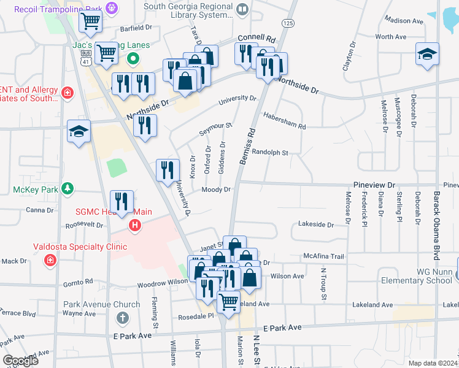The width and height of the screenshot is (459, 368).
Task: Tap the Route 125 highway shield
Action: pyautogui.click(x=287, y=23)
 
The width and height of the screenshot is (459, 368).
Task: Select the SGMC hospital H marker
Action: pyautogui.click(x=134, y=226)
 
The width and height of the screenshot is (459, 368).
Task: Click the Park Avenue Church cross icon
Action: pyautogui.click(x=123, y=318)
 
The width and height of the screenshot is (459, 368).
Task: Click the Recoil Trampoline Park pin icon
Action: pyautogui.click(x=111, y=8)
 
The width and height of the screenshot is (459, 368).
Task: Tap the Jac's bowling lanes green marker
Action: pyautogui.click(x=132, y=59)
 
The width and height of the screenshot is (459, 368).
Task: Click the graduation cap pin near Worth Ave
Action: pyautogui.click(x=427, y=55)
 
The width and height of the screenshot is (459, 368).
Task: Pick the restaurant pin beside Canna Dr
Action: pyautogui.click(x=121, y=202)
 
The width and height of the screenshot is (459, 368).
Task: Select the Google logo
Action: pyautogui.click(x=20, y=361)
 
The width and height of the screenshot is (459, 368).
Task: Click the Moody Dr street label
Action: pyautogui.click(x=216, y=190)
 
